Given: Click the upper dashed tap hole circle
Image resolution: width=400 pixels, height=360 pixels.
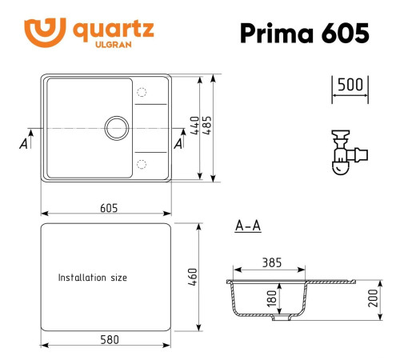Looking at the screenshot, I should coord(142,90).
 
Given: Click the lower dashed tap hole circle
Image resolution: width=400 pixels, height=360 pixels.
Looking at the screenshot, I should coord(142,164).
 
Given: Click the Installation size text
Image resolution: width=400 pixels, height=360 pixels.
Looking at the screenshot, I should coord(92,278).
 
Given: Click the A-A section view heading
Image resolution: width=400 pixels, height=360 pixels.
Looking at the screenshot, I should coord(248,226).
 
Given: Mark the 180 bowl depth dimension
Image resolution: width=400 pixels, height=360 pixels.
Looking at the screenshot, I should coord(270,297).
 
